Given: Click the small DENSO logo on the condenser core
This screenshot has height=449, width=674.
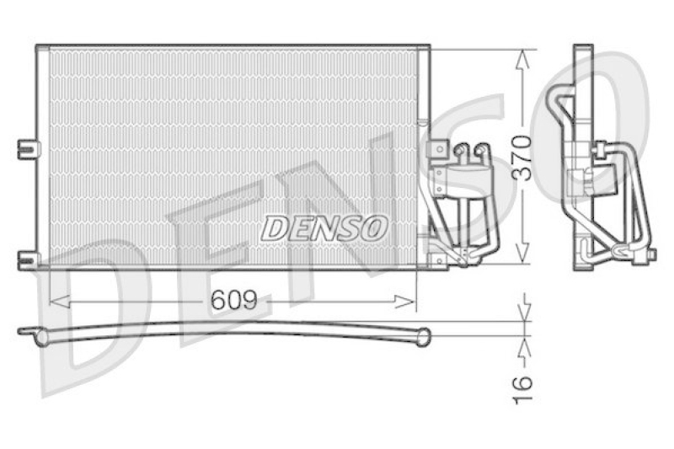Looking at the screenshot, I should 324,227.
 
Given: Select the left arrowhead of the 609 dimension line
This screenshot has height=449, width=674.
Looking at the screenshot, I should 56,301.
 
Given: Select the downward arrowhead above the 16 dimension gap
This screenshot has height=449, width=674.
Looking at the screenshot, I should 524,313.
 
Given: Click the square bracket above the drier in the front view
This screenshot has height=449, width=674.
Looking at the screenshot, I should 437,149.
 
